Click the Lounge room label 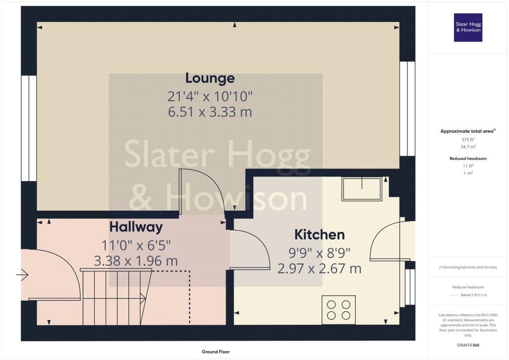pos(210,78)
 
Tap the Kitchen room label pos(320,235)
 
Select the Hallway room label pos(136,227)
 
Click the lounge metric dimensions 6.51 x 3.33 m pos(210,112)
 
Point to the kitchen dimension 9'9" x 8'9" pos(320,253)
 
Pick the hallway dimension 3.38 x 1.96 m pos(136,261)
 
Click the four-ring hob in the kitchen pos(339,310)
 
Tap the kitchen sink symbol pos(362,188)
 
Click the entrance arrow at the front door pos(22,275)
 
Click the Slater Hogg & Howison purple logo pos(468,27)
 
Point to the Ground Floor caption pos(216,352)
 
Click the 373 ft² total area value pos(468,140)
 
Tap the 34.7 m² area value pos(468,147)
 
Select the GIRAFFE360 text pos(468,345)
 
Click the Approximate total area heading pos(468,131)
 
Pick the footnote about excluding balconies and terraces pos(468,267)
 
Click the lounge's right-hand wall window pos(408,109)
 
